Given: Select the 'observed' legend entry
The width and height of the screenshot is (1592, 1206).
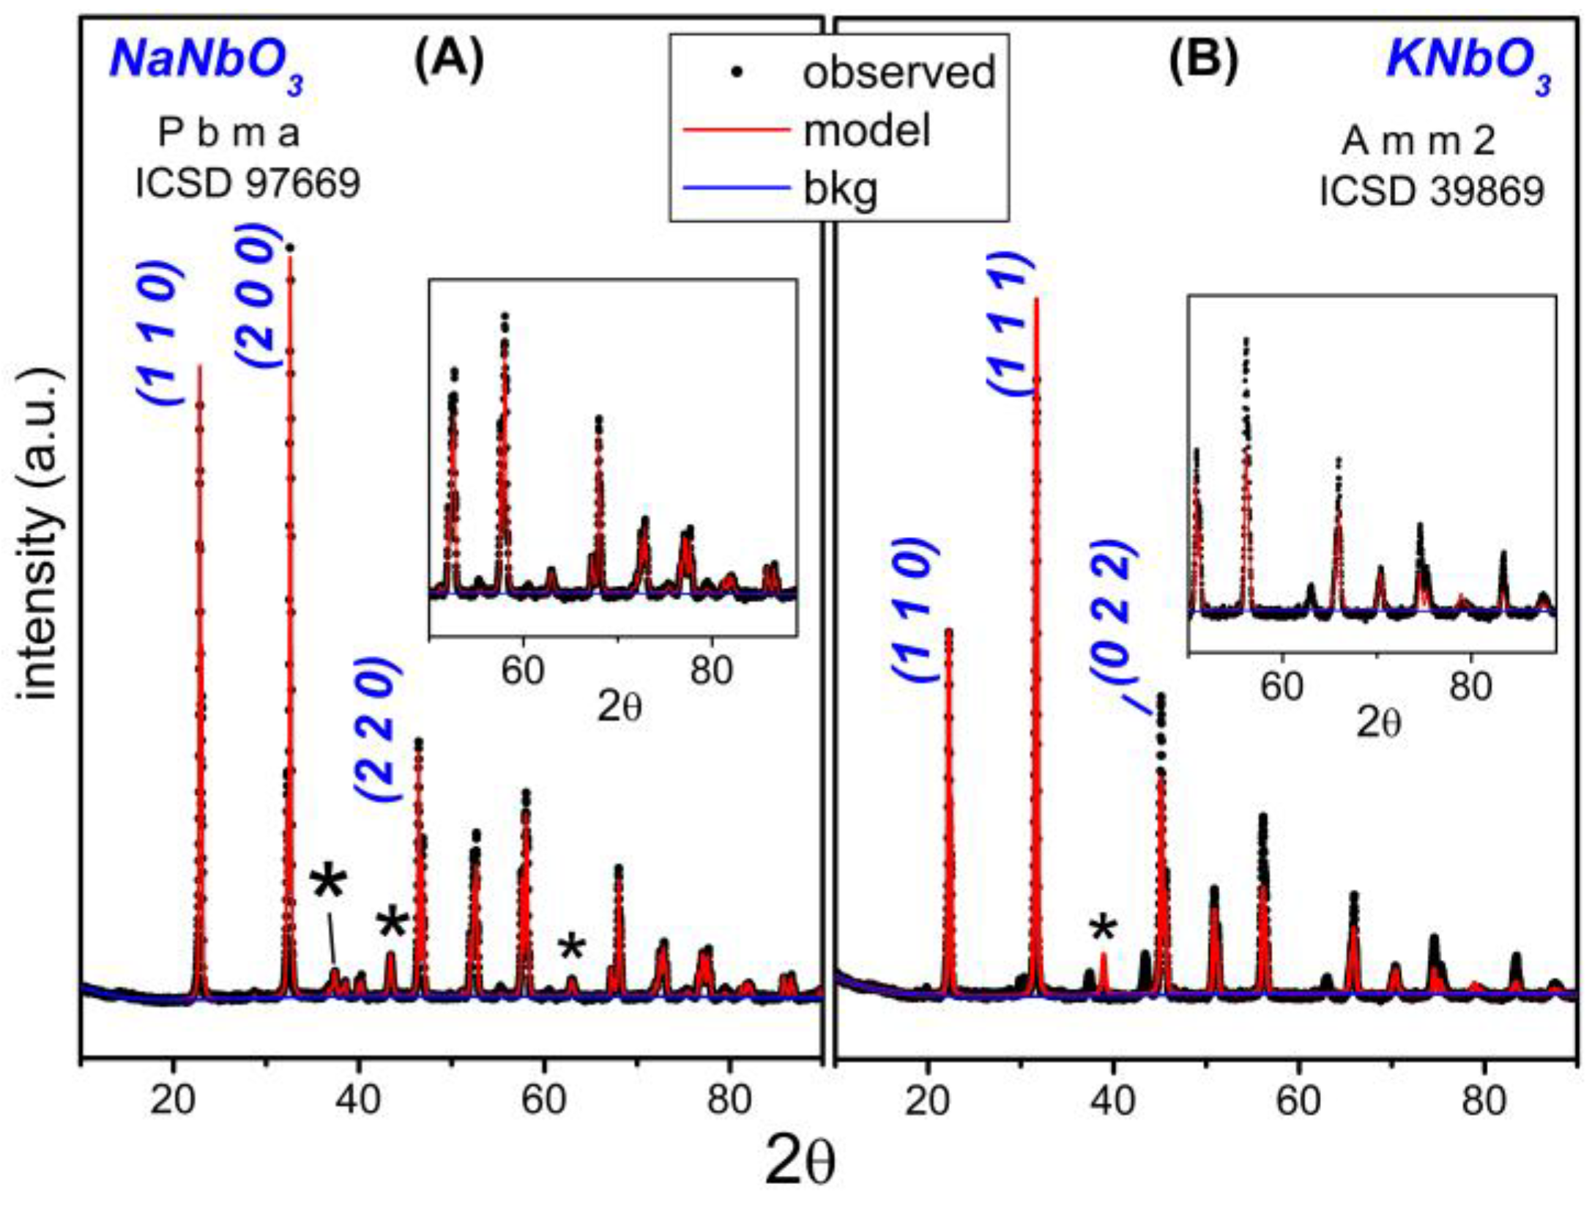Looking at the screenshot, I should [x=899, y=72].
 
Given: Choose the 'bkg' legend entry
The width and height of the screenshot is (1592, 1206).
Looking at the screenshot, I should [x=841, y=190].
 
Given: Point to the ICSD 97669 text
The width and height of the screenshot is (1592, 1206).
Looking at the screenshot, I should [x=248, y=182].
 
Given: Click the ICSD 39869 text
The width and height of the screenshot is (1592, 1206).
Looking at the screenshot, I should [x=1432, y=192].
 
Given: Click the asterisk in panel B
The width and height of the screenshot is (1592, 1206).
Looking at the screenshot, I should [x=1104, y=930].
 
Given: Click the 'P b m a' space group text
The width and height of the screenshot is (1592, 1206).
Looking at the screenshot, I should [x=228, y=133].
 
